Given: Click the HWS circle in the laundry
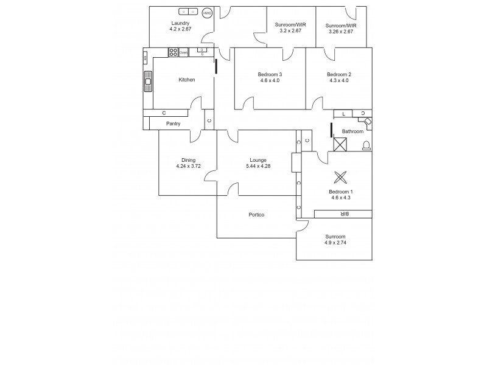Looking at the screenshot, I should [207, 13].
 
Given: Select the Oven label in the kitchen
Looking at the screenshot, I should [183, 53].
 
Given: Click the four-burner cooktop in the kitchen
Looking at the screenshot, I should [173, 52].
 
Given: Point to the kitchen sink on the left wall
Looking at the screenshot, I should [147, 80].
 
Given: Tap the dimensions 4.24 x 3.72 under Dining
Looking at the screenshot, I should [188, 166].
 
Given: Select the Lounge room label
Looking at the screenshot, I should [258, 160].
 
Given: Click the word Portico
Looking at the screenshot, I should [256, 215].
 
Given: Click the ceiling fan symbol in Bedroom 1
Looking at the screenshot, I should [340, 178].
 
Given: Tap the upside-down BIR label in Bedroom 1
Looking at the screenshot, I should [343, 214].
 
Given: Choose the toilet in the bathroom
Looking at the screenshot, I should [366, 145].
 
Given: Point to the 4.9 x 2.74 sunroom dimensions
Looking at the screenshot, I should [335, 243].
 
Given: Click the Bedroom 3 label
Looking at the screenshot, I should [270, 74].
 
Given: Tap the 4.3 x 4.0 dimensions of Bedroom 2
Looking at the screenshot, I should [338, 80].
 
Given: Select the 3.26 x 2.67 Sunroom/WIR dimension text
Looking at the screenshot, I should [342, 31].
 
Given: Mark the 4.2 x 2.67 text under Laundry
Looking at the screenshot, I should [181, 29].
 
